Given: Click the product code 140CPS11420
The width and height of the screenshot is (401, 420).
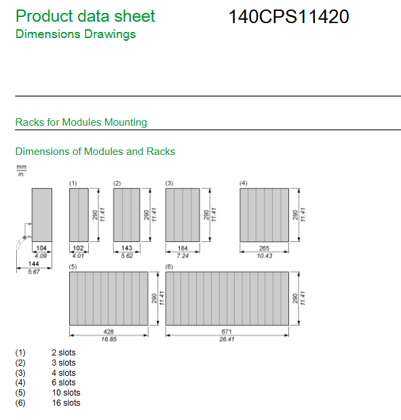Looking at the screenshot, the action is point(288,16).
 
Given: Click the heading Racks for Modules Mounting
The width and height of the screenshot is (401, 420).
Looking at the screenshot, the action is point(81,122).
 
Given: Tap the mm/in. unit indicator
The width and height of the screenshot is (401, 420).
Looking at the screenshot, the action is point(22,171).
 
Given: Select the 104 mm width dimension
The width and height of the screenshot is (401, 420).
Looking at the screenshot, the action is point(41,248).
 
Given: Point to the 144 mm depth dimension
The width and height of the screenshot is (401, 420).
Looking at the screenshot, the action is point(34,264).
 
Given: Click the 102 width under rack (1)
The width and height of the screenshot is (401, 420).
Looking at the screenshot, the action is point(78,248).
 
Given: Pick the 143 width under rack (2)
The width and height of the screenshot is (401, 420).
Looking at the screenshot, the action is point(126,248).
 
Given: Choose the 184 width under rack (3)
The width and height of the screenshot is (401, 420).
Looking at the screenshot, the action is point(183,248).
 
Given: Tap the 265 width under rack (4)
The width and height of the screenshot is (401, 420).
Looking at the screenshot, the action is point(264,248).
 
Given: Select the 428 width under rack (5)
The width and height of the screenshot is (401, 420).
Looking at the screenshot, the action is point(109,332).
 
